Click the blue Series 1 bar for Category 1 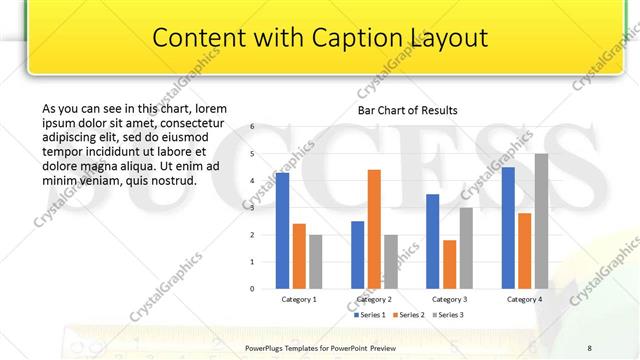point(282,230)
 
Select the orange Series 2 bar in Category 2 point(374,228)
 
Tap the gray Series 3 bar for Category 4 point(541,220)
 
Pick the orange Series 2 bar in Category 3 point(449,264)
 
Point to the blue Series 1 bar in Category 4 point(508,227)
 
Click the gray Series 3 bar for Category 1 point(315,261)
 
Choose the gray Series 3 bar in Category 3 point(466,247)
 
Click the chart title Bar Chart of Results point(407,110)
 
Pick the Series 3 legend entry point(447,315)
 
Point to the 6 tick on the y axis point(253,127)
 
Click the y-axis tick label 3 point(253,207)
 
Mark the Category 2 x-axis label point(373,299)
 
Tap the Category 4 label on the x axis point(524,299)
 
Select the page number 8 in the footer point(589,346)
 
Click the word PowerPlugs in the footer point(265,346)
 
